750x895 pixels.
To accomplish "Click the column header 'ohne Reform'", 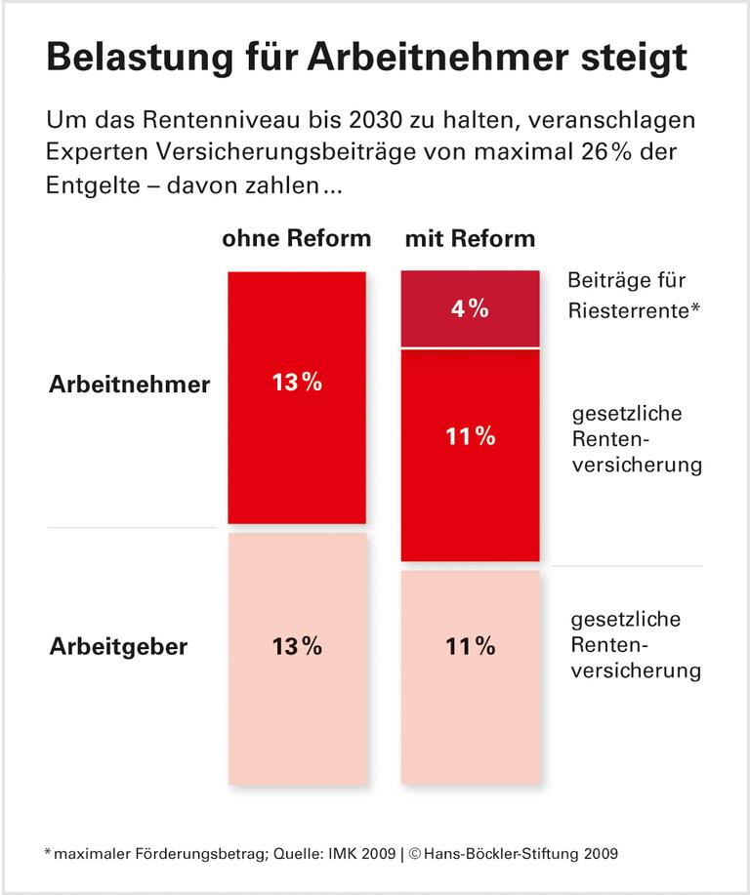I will [297, 239].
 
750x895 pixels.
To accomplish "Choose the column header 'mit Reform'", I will [470, 239].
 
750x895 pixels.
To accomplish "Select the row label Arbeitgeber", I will [118, 646].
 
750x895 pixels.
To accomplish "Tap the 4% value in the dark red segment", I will [469, 309].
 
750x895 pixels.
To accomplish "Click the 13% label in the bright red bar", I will [297, 383].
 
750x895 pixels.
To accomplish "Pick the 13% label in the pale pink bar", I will [297, 646].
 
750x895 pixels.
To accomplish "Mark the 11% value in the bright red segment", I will [470, 437].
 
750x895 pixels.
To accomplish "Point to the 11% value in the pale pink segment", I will [470, 646].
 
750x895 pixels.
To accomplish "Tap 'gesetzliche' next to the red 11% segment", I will [625, 413].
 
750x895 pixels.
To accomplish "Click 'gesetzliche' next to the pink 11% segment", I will [625, 620].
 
